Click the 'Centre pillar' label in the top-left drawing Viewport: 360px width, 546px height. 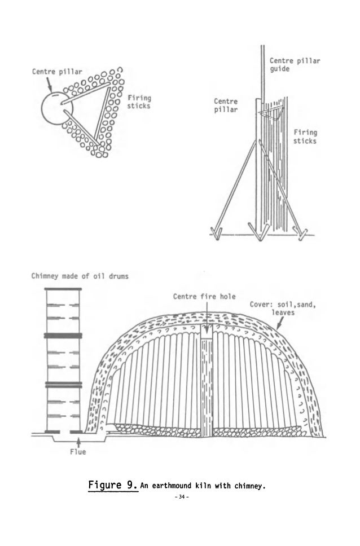pyautogui.click(x=56, y=72)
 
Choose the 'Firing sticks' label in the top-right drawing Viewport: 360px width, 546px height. pyautogui.click(x=305, y=136)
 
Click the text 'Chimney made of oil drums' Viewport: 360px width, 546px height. pyautogui.click(x=79, y=276)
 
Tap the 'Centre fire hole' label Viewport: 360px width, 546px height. pyautogui.click(x=204, y=297)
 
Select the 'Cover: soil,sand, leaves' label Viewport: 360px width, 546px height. pyautogui.click(x=283, y=309)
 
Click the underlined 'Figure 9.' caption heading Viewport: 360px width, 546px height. pyautogui.click(x=113, y=485)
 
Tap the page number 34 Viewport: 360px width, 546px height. pyautogui.click(x=180, y=497)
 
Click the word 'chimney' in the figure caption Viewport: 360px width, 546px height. pyautogui.click(x=247, y=486)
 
